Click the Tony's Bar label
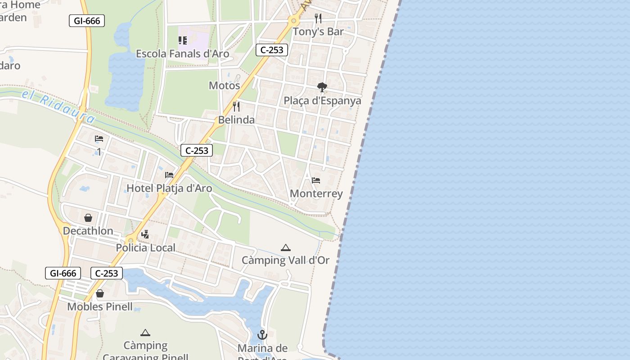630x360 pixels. coord(318,31)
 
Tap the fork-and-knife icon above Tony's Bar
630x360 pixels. coord(318,18)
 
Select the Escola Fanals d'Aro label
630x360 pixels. coord(182,54)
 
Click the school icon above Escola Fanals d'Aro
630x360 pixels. coord(182,40)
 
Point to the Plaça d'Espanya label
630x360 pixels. coord(322,100)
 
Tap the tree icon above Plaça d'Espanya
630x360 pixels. coord(322,87)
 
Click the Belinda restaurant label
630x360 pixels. coord(236,120)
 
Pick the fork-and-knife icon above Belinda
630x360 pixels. coord(236,107)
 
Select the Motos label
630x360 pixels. coord(224,85)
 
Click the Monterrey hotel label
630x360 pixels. coord(316,193)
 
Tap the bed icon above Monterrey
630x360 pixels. coord(316,180)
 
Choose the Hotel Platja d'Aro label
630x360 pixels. coord(169,188)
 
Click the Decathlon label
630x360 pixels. coord(88,231)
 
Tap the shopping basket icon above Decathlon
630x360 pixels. coord(88,218)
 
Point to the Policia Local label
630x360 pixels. coord(145,247)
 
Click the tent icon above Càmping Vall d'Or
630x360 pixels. coord(285,247)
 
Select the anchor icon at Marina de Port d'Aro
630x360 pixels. coord(262,335)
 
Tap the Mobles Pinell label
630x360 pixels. coord(100,307)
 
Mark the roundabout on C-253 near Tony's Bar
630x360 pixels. coord(294,20)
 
